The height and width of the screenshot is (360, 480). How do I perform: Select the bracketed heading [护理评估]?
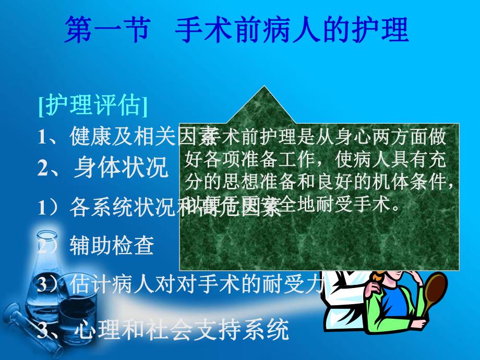[x=93, y=106]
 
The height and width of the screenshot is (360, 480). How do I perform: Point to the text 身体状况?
[x=121, y=167]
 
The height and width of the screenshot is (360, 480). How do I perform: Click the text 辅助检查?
[x=112, y=246]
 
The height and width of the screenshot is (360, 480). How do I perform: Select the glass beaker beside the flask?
[x=75, y=308]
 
